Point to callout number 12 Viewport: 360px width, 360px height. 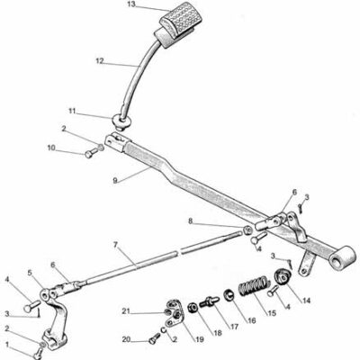click(100, 61)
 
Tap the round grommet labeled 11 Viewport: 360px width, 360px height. click(121, 122)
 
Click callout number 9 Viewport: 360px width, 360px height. click(115, 180)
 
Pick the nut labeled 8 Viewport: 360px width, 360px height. click(247, 230)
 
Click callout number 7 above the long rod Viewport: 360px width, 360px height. click(116, 245)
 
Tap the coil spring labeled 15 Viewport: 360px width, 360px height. click(253, 285)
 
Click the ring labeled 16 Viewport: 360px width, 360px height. click(229, 295)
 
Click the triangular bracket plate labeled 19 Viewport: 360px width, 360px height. click(175, 312)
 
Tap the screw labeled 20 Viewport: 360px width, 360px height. click(154, 339)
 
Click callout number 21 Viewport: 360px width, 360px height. click(126, 311)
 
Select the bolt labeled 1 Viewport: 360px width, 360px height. click(38, 354)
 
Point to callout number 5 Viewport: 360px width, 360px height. click(30, 274)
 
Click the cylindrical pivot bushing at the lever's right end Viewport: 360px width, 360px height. click(342, 257)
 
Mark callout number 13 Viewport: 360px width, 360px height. click(131, 4)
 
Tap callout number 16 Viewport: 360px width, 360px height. click(251, 320)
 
